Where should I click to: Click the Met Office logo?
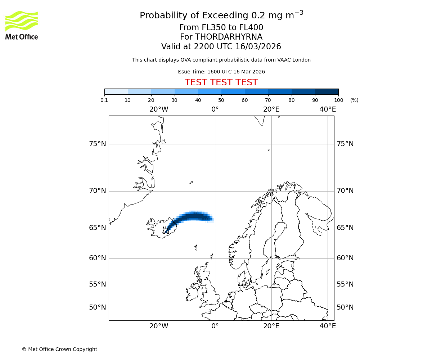coord(22,25)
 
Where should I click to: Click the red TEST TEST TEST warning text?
coord(221,83)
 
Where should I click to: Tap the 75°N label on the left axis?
coord(98,144)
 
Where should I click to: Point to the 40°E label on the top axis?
coord(328,109)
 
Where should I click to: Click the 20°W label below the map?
coord(159,326)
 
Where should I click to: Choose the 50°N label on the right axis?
coord(345,307)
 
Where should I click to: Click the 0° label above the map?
coord(215,109)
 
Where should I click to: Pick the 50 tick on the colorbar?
coord(221,100)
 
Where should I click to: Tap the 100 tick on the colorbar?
coord(338,100)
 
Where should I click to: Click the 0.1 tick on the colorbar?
coord(104,100)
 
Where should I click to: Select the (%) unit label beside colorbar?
coord(354,100)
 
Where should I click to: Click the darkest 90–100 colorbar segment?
coord(327,91)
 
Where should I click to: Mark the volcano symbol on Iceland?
coord(166,230)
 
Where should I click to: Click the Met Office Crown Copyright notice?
coord(59,349)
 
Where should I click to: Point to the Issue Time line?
coord(221,72)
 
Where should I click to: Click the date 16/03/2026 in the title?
coord(258,47)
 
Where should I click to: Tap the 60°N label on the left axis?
coord(98,258)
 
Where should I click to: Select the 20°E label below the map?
coord(271,326)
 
